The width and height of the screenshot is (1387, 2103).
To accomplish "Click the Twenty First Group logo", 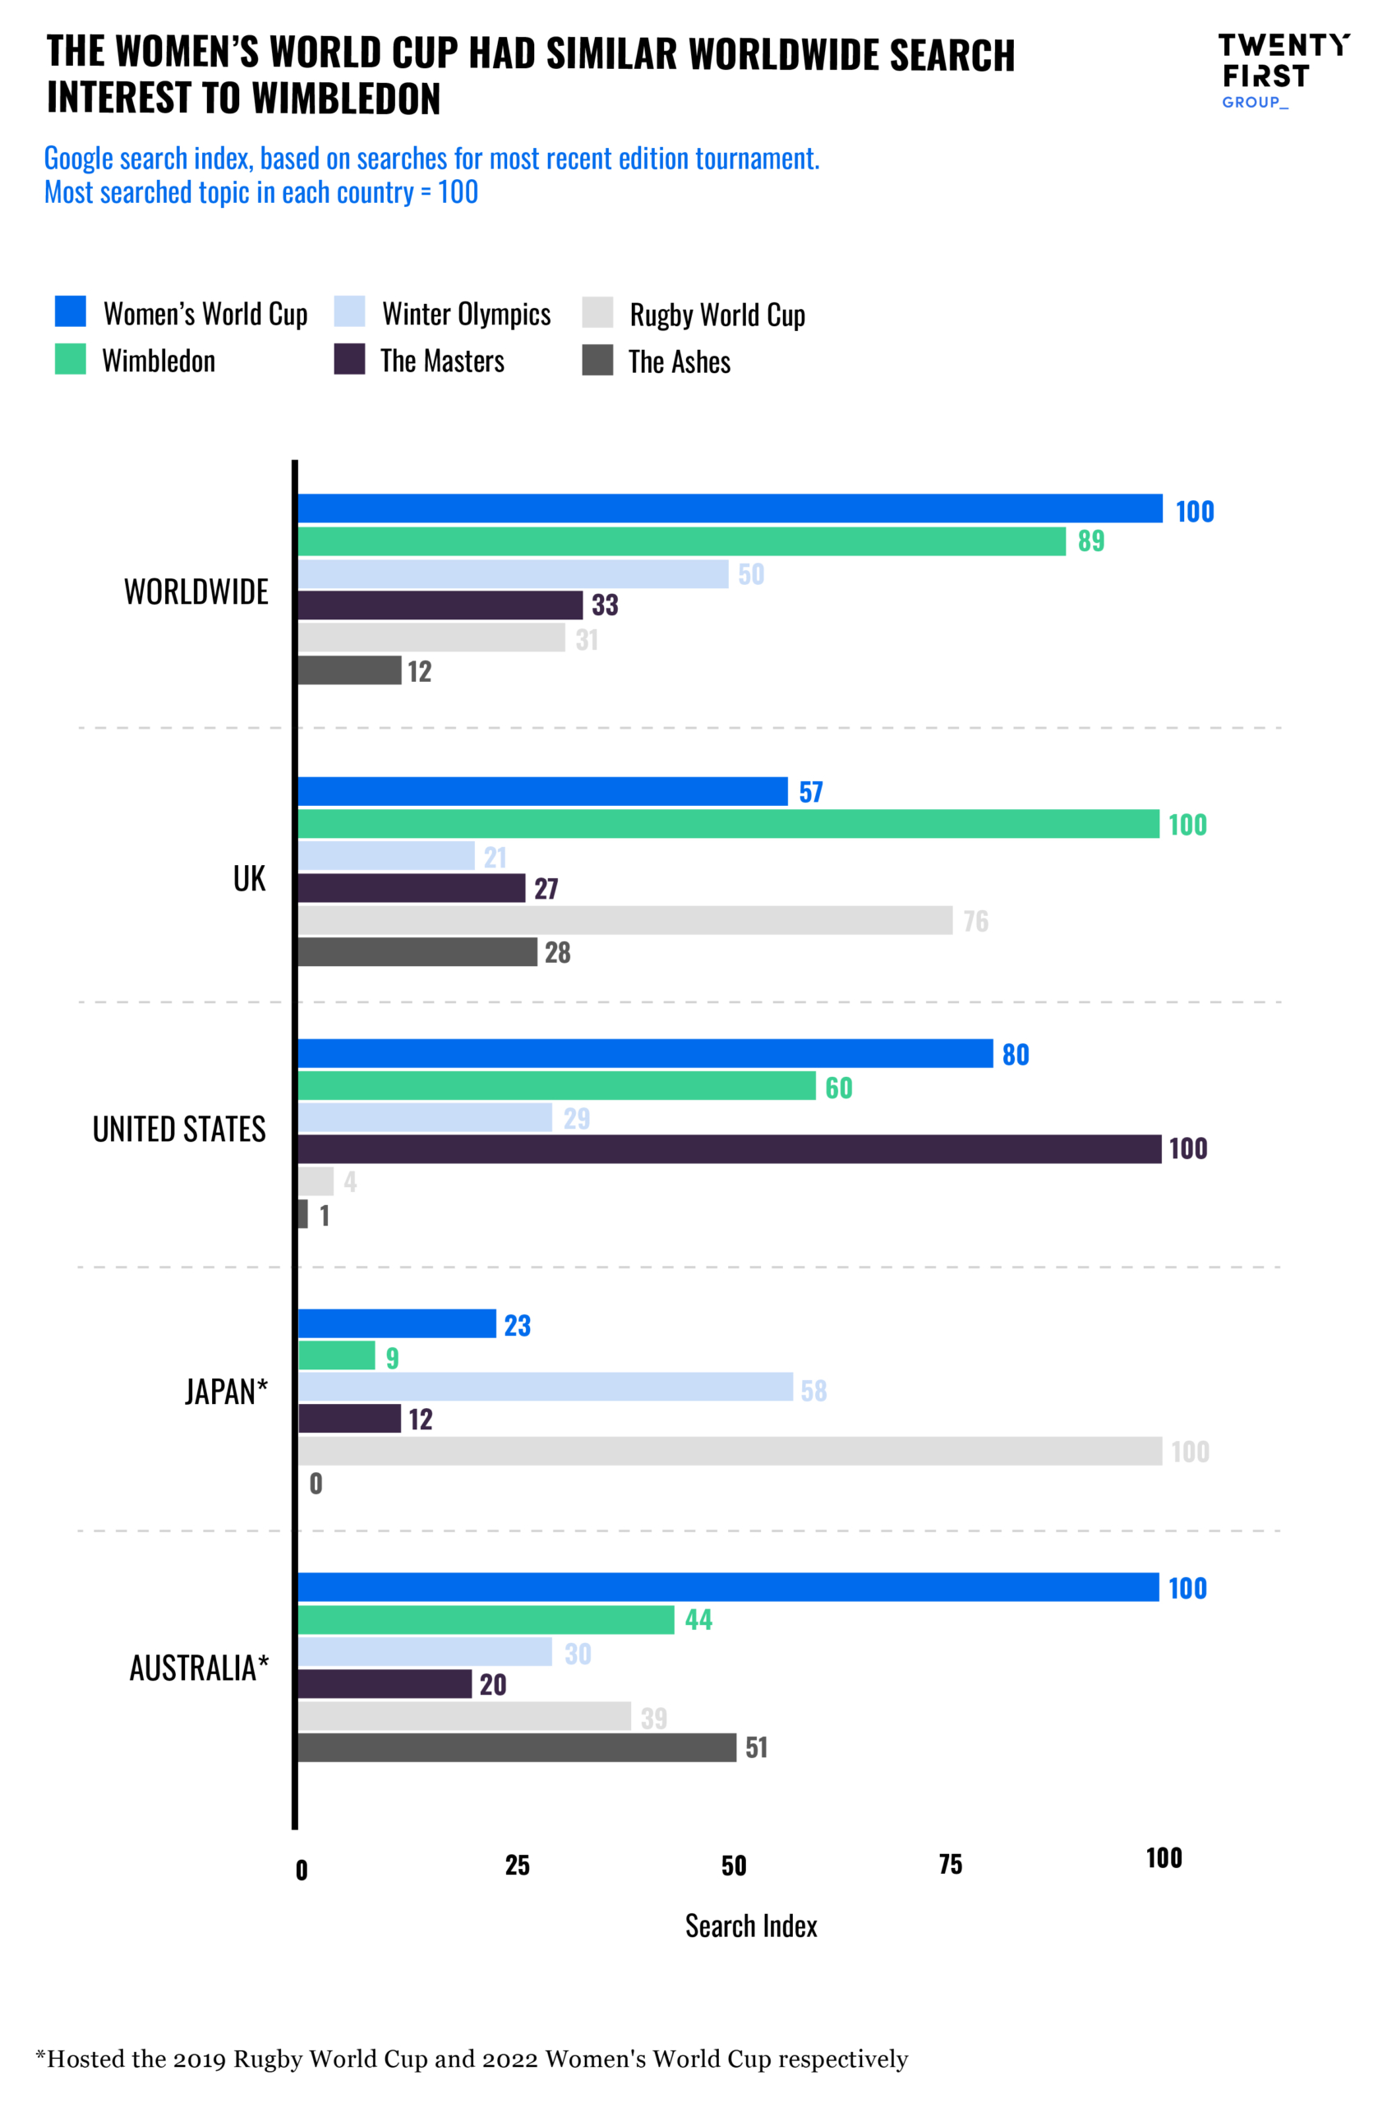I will (x=1283, y=71).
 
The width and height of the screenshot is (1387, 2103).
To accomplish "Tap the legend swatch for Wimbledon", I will (x=70, y=359).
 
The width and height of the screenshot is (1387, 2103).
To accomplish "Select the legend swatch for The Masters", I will (x=349, y=359).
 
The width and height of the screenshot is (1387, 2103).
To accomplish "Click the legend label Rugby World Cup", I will (x=717, y=314).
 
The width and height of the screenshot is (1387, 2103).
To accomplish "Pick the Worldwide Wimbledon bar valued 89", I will (x=681, y=541).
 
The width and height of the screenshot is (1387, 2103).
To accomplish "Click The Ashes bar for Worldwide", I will (x=349, y=670).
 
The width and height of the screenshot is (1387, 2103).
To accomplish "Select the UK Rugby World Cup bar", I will (x=624, y=921).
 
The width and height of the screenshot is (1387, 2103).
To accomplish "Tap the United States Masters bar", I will (x=729, y=1148).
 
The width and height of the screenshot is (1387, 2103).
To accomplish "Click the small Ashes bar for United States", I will (x=302, y=1213).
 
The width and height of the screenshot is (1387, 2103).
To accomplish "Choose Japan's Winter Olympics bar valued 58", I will (x=545, y=1387).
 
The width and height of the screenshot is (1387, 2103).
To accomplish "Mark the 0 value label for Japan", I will (x=316, y=1483).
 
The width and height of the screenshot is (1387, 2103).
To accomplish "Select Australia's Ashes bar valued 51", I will (x=517, y=1747).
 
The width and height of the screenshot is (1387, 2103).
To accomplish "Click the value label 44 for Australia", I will (x=698, y=1619).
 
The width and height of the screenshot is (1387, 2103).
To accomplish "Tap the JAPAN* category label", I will (x=226, y=1392).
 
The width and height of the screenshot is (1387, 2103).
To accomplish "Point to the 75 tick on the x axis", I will (x=950, y=1865).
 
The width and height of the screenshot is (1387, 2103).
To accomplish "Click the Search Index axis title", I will (x=751, y=1926).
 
